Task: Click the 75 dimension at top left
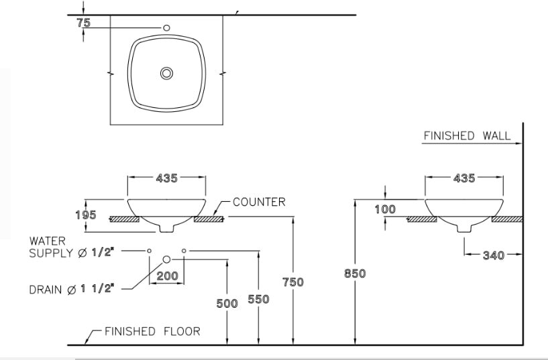(x=83, y=22)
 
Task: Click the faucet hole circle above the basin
(x=166, y=27)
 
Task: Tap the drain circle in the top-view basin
(x=166, y=73)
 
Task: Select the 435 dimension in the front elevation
(x=166, y=178)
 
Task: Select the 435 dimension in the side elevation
(x=463, y=178)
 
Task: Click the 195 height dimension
(x=85, y=215)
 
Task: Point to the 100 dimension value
(x=385, y=209)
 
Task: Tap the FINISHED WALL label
(x=467, y=136)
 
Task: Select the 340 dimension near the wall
(x=494, y=255)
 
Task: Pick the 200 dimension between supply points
(x=167, y=276)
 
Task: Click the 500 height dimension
(x=227, y=304)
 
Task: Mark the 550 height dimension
(x=258, y=300)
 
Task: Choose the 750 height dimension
(x=292, y=282)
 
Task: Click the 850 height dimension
(x=355, y=274)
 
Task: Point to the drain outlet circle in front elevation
(x=166, y=259)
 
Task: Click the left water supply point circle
(x=149, y=250)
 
